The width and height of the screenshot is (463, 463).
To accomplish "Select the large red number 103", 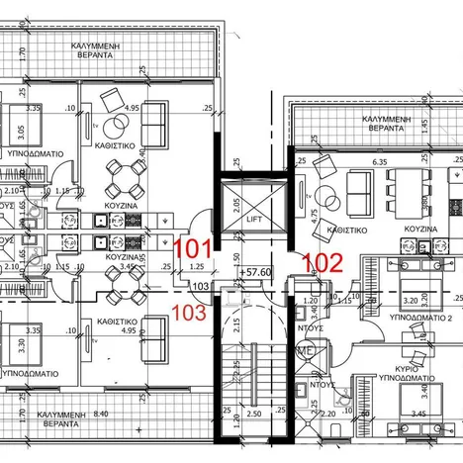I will coord(189,313).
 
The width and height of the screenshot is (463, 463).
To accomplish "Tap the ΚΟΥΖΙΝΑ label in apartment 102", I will coord(421,229).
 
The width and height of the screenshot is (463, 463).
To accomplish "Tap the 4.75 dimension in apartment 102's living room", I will coord(315,218).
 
